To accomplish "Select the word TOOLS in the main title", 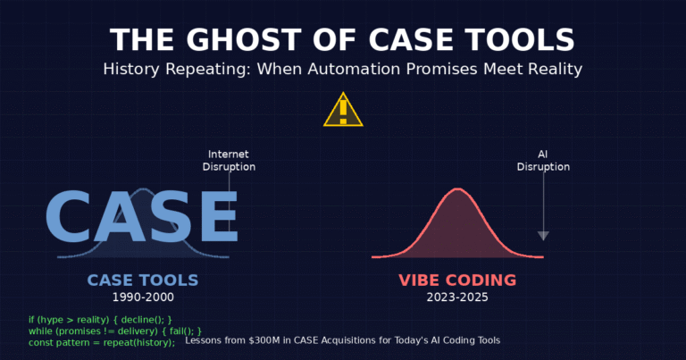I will (520, 40).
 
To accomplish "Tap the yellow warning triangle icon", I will (343, 110).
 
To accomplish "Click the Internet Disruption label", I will (229, 160).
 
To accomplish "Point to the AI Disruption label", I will (543, 160).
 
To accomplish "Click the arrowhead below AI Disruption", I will (543, 236).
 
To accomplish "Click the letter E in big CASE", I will (215, 215).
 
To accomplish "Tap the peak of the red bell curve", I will (457, 189).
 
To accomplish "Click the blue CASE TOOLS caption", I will (143, 280).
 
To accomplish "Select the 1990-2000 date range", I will (143, 297).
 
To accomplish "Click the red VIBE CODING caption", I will (457, 280).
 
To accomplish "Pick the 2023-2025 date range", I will (457, 297).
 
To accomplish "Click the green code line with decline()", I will (100, 319).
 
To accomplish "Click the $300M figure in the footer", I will (280, 340).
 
